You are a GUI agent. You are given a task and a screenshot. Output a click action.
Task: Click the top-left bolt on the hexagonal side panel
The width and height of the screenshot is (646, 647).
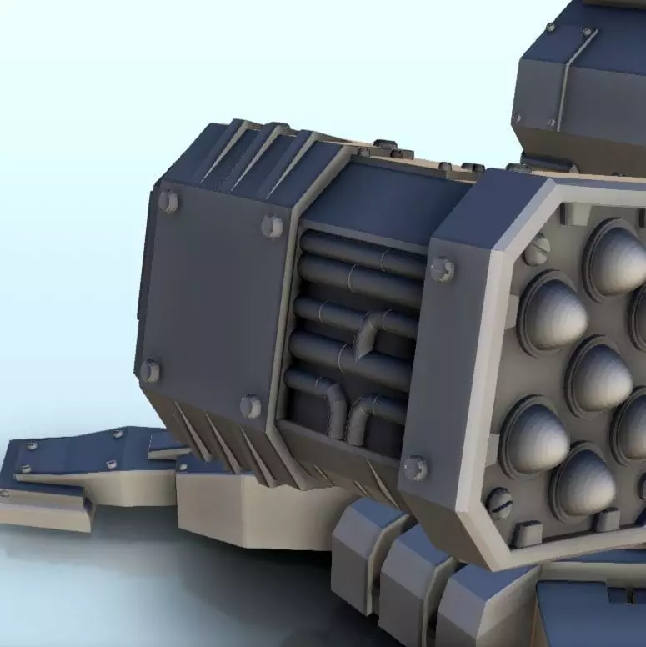click(168, 201)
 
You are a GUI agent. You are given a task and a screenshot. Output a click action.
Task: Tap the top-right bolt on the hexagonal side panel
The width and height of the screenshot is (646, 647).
click(272, 226)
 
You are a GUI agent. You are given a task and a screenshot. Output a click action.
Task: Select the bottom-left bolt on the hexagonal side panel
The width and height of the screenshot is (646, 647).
click(150, 370)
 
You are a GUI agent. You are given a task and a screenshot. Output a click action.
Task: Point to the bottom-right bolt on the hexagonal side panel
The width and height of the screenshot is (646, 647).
click(250, 406)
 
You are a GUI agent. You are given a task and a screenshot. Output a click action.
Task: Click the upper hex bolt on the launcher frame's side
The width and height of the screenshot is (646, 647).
click(442, 268)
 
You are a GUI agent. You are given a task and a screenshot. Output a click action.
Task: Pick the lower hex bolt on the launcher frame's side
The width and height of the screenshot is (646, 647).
click(415, 468)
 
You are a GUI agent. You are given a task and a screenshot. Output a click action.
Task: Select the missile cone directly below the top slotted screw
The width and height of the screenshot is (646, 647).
click(550, 313)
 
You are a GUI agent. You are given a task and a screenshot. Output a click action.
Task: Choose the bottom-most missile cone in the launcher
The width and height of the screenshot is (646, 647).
click(583, 484)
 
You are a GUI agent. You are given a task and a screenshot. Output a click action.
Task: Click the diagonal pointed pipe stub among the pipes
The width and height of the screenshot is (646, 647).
click(365, 339)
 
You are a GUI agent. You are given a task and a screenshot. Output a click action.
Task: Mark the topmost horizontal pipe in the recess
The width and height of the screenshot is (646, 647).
click(358, 249)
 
